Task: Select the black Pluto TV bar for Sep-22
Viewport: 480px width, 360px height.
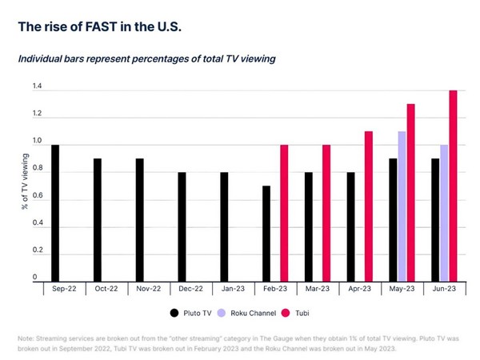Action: point(55,212)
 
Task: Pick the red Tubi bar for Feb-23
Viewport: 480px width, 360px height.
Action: point(284,212)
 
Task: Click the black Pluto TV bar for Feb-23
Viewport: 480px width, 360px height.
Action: point(266,233)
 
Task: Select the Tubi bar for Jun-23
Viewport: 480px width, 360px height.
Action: point(453,185)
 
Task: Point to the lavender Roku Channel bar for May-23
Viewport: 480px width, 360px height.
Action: point(402,206)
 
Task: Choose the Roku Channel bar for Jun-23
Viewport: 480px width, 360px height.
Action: point(444,212)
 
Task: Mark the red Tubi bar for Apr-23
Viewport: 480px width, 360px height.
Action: point(369,206)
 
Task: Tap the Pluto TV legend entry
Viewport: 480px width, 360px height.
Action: point(190,313)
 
